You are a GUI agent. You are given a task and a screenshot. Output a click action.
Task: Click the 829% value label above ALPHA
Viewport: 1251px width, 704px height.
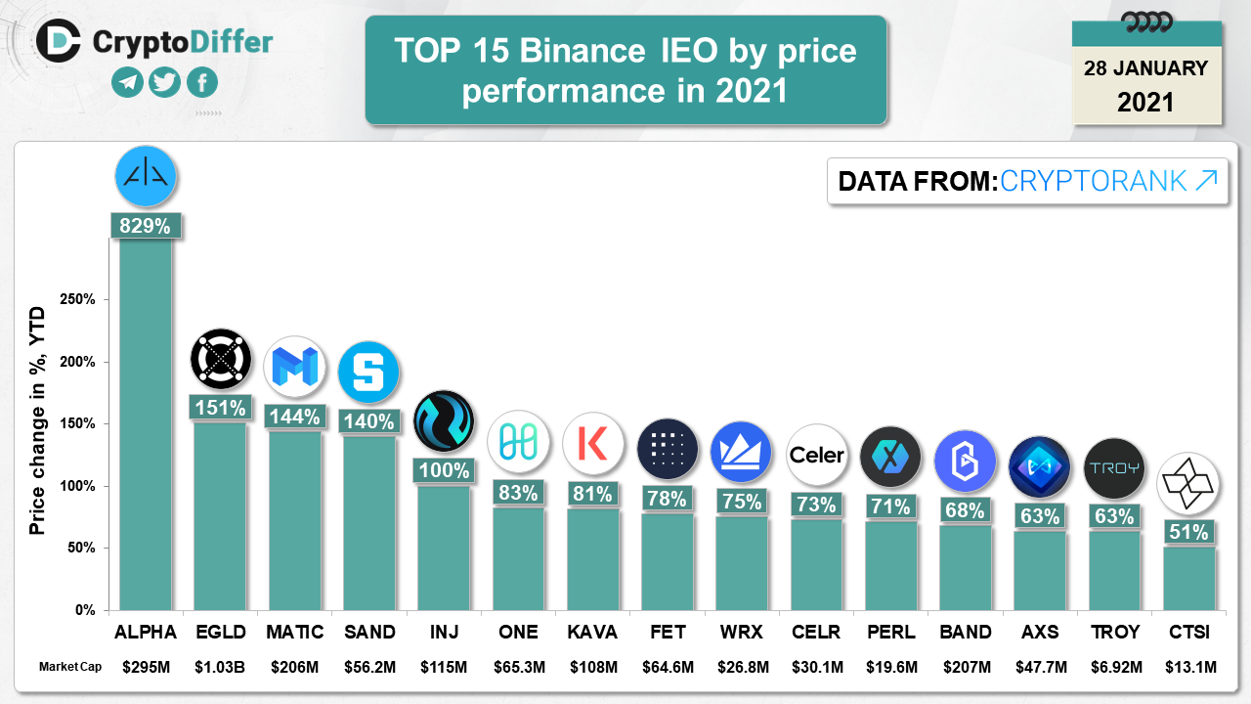coord(145,226)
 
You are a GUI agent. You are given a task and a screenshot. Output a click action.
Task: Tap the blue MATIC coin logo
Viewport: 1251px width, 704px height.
coord(294,367)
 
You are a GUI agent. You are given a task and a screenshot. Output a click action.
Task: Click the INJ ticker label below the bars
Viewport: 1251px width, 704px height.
coord(443,632)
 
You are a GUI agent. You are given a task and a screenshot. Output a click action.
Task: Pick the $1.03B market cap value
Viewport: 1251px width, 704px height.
coord(220,668)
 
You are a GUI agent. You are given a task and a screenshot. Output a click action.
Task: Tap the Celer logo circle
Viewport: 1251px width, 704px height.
coord(816,455)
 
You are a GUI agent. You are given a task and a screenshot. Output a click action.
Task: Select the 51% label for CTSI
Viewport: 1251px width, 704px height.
coord(1188,532)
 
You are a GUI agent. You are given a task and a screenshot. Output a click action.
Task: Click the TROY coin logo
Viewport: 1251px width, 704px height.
coord(1114,467)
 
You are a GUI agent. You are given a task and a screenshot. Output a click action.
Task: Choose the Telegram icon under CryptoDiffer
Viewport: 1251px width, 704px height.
coord(127,82)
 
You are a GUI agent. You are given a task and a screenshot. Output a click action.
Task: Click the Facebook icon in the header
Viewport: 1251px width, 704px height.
coord(201,82)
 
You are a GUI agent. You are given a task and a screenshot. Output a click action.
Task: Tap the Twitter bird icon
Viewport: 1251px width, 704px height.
coord(164,82)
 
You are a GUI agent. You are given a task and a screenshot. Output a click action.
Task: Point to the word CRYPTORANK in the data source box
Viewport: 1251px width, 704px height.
coord(1094,181)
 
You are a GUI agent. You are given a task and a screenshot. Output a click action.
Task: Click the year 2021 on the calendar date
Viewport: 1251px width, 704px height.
coord(1145,101)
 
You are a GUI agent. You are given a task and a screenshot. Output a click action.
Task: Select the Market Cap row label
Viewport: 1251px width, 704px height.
coord(69,668)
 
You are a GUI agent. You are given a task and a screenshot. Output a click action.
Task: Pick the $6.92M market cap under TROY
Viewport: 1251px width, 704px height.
coord(1114,668)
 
